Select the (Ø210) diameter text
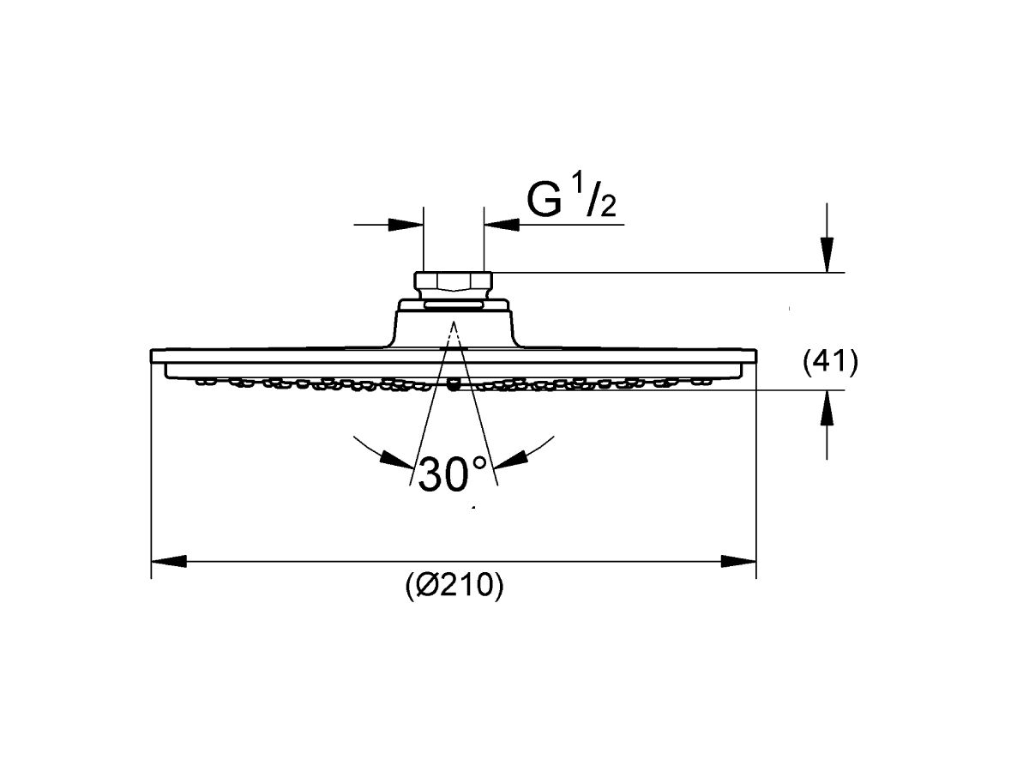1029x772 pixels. click(x=454, y=586)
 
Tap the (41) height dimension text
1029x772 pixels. click(x=830, y=363)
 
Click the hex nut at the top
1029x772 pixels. click(x=454, y=281)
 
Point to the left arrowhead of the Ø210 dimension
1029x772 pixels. click(x=169, y=561)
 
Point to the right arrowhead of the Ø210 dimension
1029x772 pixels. click(x=738, y=561)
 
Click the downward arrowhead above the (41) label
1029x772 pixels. click(x=827, y=255)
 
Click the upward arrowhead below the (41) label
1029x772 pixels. click(x=827, y=407)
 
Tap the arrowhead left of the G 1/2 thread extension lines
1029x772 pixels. click(x=406, y=225)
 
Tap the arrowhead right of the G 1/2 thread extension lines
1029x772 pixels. click(x=502, y=225)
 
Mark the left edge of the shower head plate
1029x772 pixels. click(x=152, y=356)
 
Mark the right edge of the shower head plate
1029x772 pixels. click(x=755, y=356)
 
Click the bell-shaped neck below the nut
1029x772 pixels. click(x=454, y=323)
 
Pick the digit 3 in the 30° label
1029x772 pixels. click(x=431, y=474)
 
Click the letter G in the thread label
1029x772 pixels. click(x=545, y=200)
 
